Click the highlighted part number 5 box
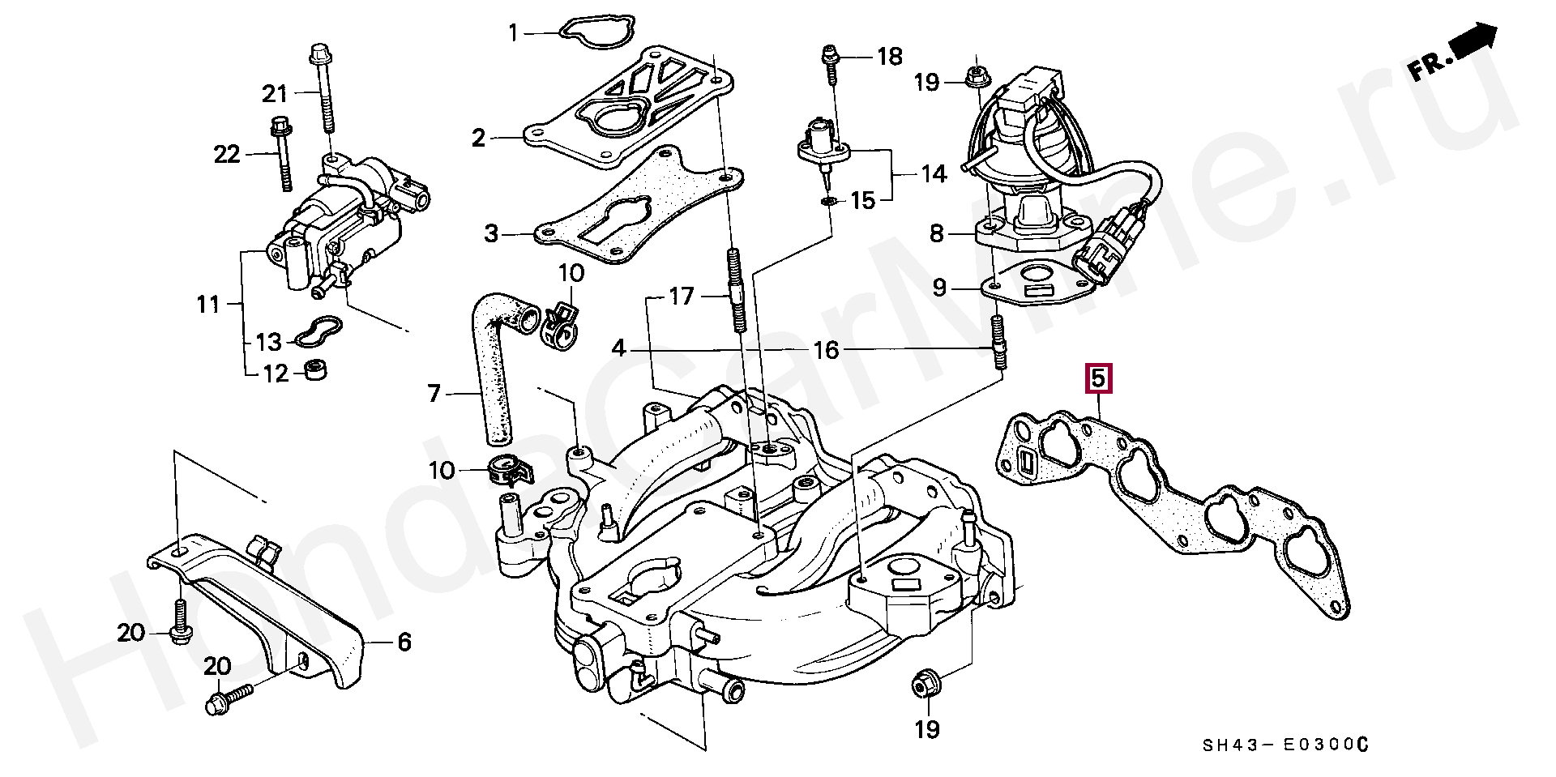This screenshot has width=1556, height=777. pyautogui.click(x=1099, y=378)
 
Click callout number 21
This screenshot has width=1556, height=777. pyautogui.click(x=275, y=94)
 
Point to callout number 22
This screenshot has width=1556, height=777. pyautogui.click(x=227, y=153)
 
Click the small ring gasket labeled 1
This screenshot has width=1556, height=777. pyautogui.click(x=589, y=32)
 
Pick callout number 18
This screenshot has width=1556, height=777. pyautogui.click(x=889, y=56)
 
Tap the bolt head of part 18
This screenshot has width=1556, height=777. pyautogui.click(x=829, y=56)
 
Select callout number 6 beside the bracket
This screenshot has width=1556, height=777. pyautogui.click(x=404, y=643)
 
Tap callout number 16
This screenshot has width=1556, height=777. pyautogui.click(x=826, y=350)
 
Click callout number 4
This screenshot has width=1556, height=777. pyautogui.click(x=619, y=349)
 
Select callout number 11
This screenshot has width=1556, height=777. pyautogui.click(x=208, y=304)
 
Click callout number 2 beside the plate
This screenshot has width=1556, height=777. pyautogui.click(x=479, y=138)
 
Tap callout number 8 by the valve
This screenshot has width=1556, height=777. pyautogui.click(x=937, y=234)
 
